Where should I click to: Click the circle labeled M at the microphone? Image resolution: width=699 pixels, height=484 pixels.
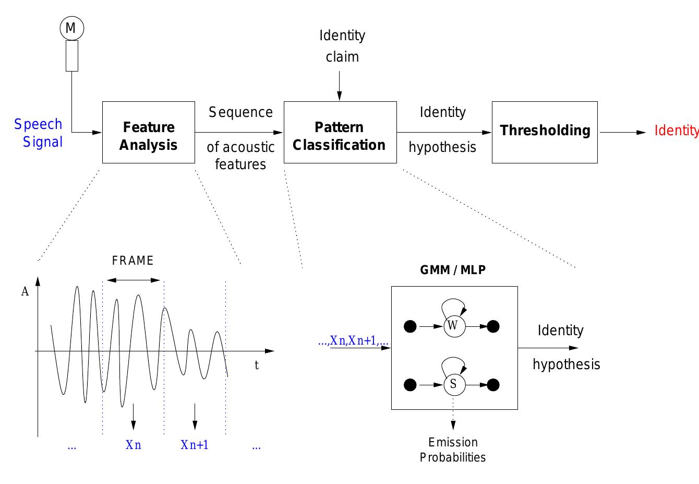click(70, 28)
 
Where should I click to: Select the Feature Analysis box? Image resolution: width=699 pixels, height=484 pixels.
click(149, 133)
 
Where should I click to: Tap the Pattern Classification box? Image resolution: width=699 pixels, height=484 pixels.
click(340, 133)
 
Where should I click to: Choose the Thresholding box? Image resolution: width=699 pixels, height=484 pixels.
click(545, 132)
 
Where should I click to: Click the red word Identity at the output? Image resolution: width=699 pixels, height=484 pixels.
click(676, 131)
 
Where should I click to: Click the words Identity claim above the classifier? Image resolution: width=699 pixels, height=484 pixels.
click(342, 46)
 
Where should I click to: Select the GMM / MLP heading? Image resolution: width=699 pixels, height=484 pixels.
click(453, 270)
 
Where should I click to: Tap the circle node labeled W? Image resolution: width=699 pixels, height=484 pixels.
click(453, 326)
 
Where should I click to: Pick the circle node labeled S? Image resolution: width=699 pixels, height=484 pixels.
click(453, 385)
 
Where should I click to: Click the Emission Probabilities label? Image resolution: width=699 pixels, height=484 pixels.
click(453, 450)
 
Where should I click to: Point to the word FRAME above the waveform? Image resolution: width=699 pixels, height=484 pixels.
click(133, 261)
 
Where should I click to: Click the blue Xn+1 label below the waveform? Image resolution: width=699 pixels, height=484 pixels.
click(195, 445)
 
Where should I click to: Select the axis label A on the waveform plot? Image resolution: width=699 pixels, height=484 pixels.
click(25, 292)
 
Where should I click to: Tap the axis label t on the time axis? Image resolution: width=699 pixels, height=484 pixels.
click(257, 365)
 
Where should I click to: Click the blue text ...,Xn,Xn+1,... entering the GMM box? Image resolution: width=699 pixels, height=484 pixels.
click(353, 341)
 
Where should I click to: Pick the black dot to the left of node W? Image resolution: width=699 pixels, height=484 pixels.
click(411, 327)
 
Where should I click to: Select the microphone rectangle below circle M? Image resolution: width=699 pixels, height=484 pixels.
click(72, 56)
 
